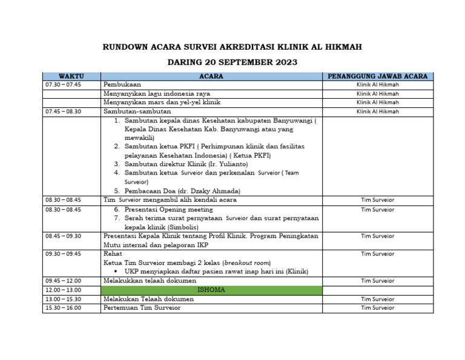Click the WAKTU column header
(x=71, y=76)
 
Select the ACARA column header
(x=211, y=76)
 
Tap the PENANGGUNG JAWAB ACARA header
(x=378, y=76)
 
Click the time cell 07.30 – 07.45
(x=63, y=85)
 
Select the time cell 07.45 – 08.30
(x=63, y=112)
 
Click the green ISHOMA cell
(x=211, y=290)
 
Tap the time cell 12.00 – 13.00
(x=63, y=290)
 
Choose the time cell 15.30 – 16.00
(x=63, y=308)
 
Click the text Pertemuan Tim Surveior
(x=142, y=308)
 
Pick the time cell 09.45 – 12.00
(x=63, y=281)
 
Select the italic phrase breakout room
(x=248, y=262)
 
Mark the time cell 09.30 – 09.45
(x=63, y=253)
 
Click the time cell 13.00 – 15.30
(x=63, y=299)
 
